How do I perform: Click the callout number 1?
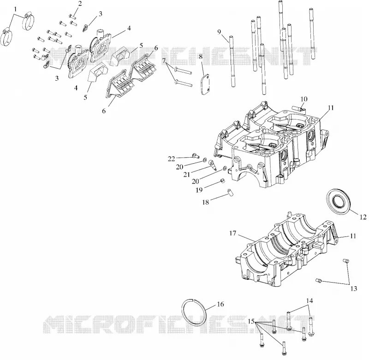pos(16,9)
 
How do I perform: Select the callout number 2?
pos(80,4)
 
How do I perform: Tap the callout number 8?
pos(201,57)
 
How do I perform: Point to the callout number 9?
pos(219,32)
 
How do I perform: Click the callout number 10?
pos(304,99)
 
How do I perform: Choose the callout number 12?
pos(363,217)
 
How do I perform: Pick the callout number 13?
pos(354,289)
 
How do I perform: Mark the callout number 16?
pos(220,304)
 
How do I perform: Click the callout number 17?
pos(233,234)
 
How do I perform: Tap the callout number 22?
pos(171,159)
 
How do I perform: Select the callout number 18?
pos(205,202)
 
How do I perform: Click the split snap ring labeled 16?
pos(194,312)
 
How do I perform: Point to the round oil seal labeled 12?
pos(339,201)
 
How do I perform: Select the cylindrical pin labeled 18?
pos(230,192)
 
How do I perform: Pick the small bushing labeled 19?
pos(222,181)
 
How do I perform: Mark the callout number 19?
pos(199,190)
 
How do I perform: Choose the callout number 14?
pos(309,301)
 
